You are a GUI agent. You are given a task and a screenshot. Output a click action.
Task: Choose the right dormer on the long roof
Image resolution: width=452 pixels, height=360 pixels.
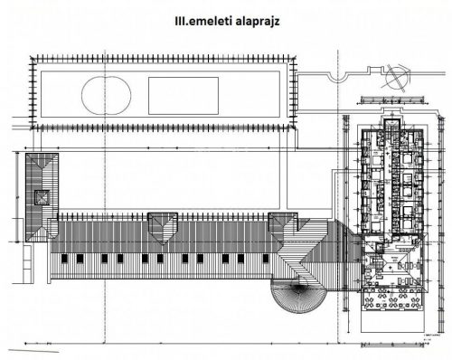coord(284,223)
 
